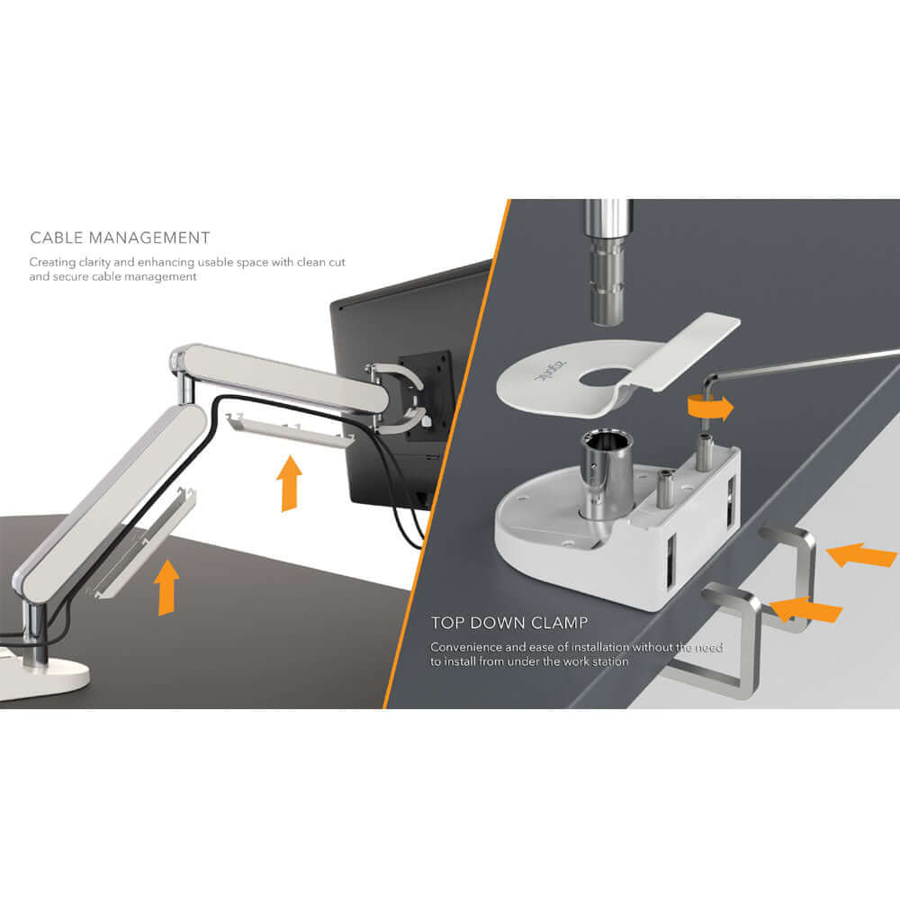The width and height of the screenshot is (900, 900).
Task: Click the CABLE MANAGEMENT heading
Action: pyautogui.click(x=120, y=238)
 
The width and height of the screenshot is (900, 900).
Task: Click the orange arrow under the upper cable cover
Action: pyautogui.click(x=289, y=483)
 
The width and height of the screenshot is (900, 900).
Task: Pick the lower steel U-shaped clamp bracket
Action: pyautogui.click(x=720, y=643)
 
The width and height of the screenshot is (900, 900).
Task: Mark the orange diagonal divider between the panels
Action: pyautogui.click(x=450, y=450)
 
